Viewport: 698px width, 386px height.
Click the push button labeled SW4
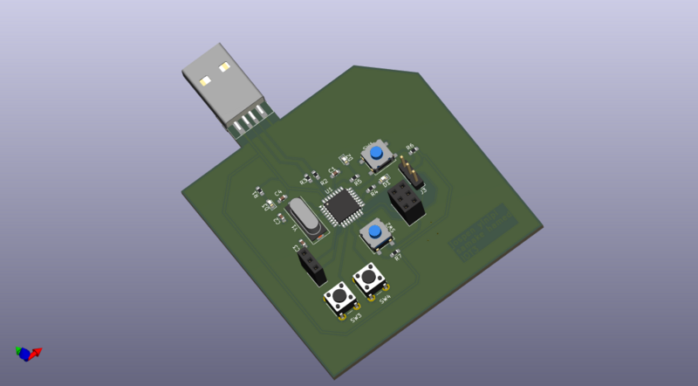[x=370, y=279]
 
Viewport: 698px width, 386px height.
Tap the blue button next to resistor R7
[x=374, y=233]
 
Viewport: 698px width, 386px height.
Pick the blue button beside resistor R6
[x=376, y=154]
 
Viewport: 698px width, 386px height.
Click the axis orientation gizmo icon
[x=27, y=353]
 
